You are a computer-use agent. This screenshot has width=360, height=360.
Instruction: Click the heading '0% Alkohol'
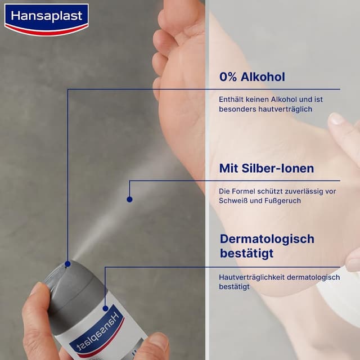(x=253, y=76)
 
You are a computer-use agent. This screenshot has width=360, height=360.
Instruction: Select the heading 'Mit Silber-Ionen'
(x=267, y=168)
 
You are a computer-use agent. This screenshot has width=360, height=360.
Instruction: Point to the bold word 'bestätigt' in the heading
(x=246, y=253)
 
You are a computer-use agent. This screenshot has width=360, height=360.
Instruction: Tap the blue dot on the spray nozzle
(x=67, y=263)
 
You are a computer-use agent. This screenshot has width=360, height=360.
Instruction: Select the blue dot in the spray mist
(x=129, y=199)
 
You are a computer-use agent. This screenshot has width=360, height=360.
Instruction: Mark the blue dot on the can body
(x=105, y=308)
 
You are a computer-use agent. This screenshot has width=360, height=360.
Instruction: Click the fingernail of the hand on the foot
(x=336, y=119)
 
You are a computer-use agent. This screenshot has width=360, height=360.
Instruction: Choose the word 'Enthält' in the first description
(x=231, y=100)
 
